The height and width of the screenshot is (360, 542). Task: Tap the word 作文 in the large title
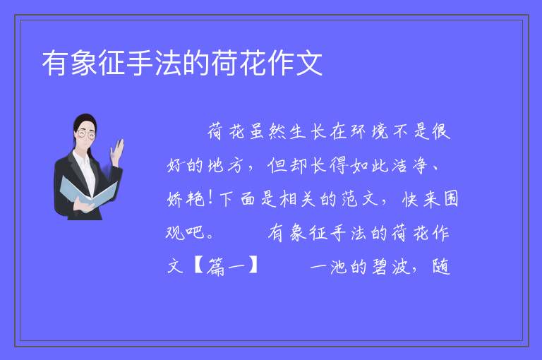295,63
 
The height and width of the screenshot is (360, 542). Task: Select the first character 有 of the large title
56,63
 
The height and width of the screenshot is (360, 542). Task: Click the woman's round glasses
86,134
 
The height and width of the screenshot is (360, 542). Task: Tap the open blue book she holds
88,193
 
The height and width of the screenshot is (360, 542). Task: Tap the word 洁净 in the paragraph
410,165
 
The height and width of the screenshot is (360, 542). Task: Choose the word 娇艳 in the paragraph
186,199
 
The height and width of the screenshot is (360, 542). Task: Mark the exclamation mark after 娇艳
210,199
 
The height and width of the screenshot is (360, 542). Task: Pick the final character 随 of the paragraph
441,267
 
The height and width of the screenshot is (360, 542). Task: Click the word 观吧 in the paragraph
186,233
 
